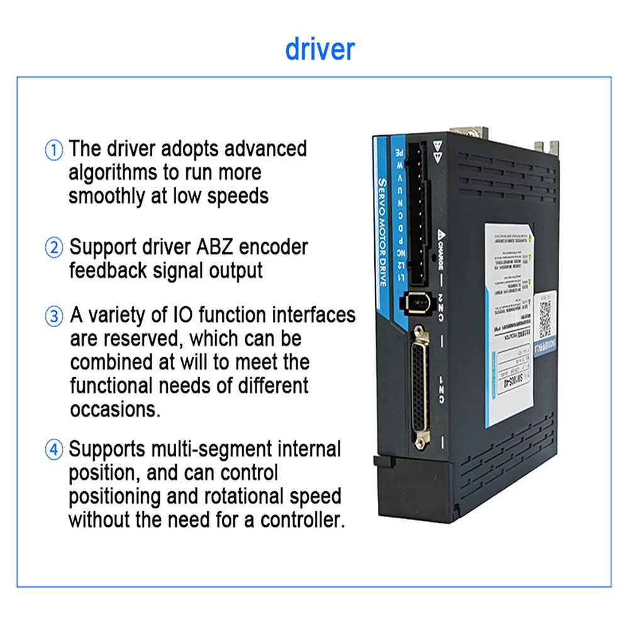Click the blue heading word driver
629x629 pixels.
point(320,49)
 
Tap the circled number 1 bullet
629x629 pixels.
point(55,150)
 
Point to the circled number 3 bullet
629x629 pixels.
point(55,316)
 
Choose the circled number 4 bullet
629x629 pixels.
point(55,450)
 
